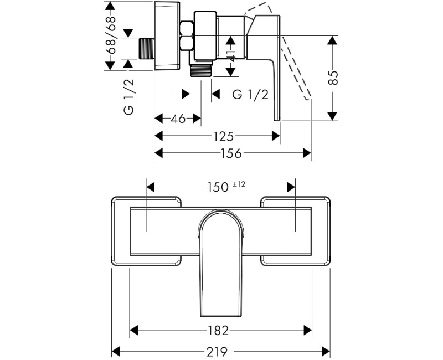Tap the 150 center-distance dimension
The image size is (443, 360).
(x=218, y=187)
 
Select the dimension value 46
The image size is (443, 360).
(x=177, y=119)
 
